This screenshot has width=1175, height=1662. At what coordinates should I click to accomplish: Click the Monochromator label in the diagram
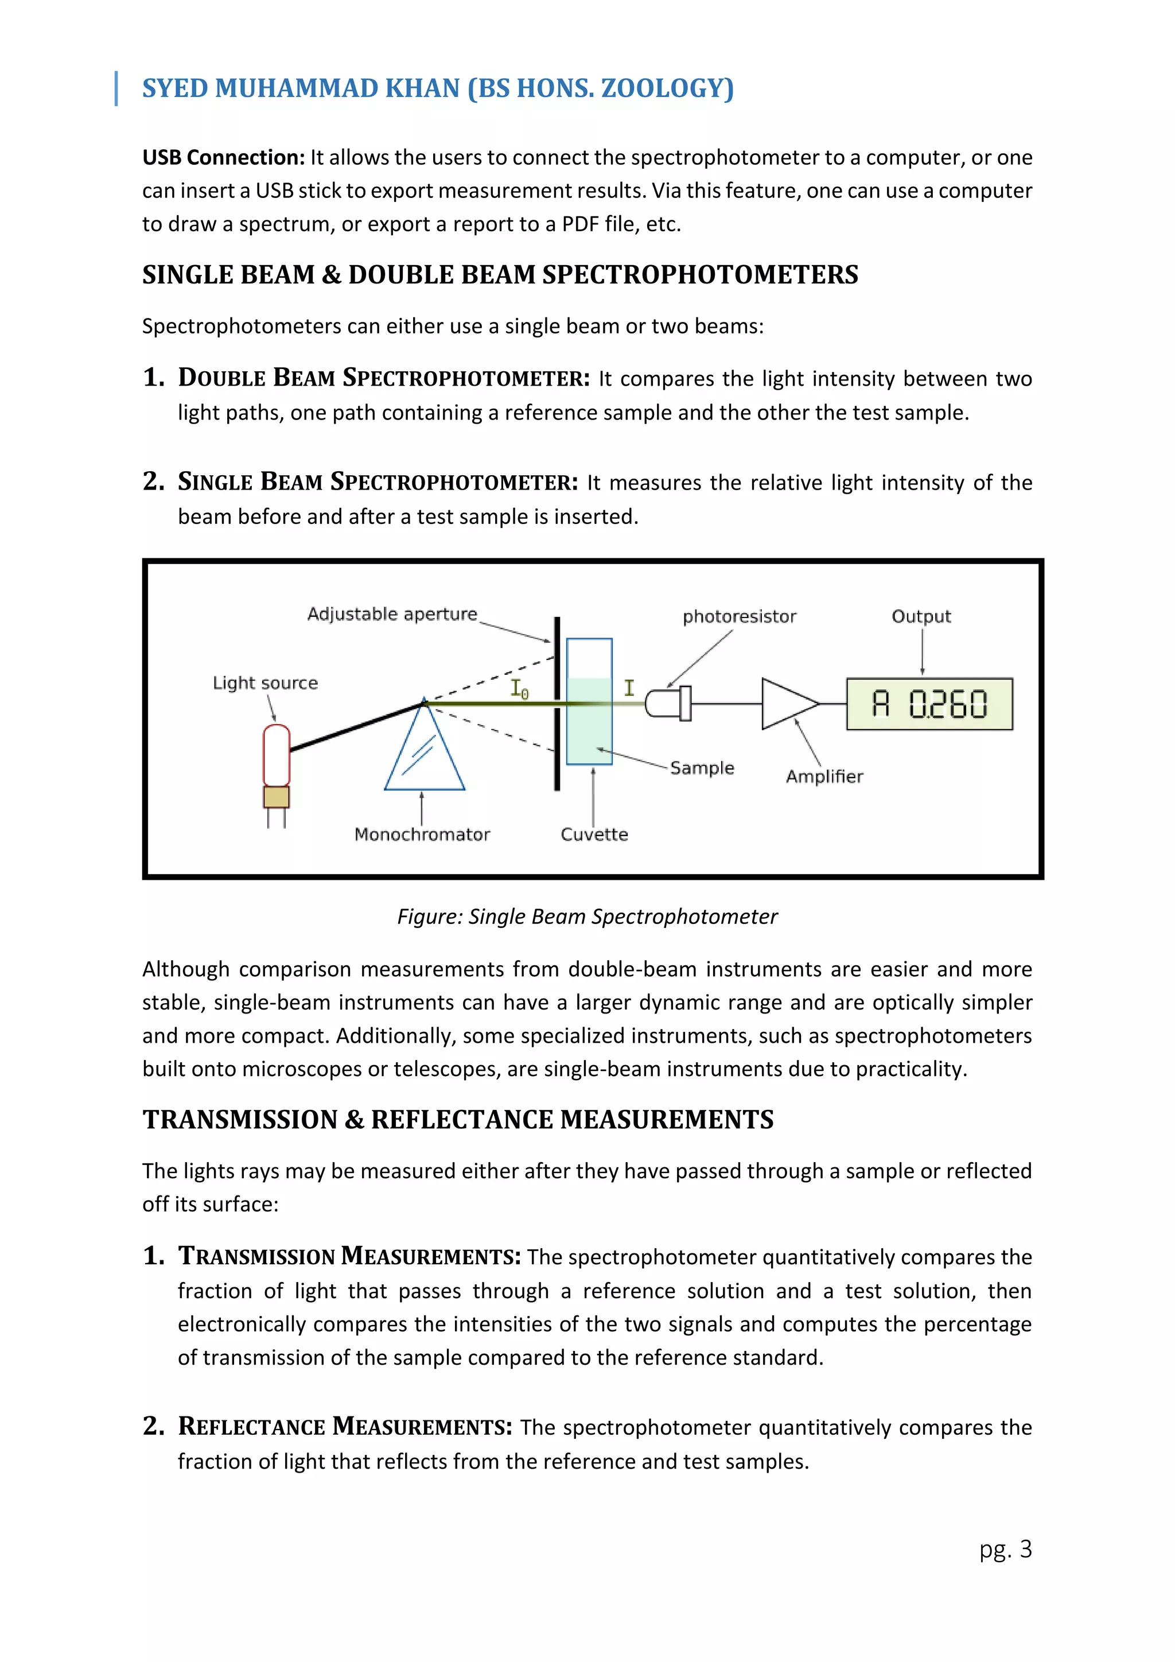422,834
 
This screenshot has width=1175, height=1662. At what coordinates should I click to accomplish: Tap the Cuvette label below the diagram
594,834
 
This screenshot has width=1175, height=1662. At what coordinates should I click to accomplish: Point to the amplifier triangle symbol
787,703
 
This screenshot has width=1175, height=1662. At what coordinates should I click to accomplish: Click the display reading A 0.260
929,704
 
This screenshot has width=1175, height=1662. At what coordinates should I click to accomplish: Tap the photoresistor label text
739,617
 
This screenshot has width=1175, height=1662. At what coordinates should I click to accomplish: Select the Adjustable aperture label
392,614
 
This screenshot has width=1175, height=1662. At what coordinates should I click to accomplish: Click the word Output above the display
920,617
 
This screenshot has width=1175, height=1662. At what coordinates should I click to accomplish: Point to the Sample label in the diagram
701,768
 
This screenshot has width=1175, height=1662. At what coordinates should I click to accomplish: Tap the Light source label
265,684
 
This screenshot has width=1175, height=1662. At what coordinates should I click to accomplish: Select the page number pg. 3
1005,1549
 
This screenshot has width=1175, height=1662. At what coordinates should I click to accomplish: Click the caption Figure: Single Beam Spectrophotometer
587,917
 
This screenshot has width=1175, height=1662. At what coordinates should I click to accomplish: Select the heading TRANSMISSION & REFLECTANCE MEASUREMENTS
457,1120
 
